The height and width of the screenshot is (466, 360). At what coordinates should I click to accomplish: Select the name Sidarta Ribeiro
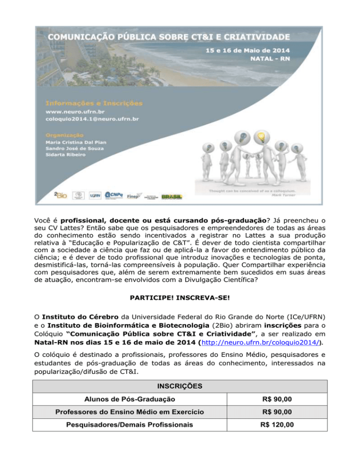(x=66, y=154)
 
